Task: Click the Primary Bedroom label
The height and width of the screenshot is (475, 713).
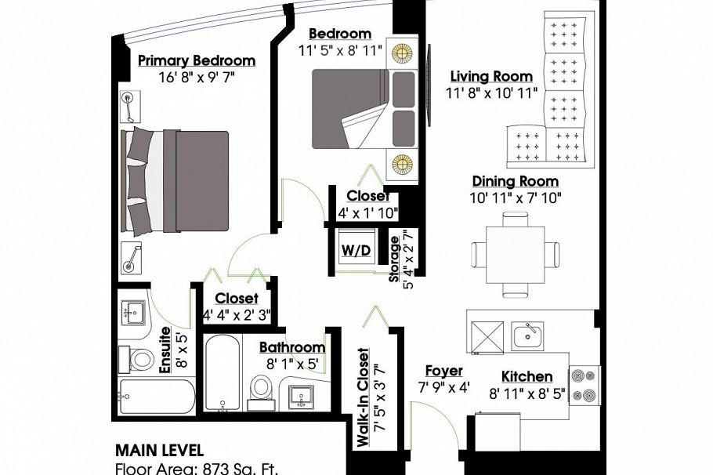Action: coord(197,60)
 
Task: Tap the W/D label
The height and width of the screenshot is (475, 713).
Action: coord(356,250)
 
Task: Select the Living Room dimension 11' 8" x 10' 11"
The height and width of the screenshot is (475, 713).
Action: coord(491,93)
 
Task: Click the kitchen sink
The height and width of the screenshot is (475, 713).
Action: coord(527,336)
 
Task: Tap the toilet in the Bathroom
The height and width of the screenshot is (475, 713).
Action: coord(261,392)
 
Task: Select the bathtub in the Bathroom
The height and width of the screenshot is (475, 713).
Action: coord(223,372)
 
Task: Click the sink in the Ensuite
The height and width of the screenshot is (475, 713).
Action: coord(134,312)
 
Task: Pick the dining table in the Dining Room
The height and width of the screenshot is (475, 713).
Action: coord(516,255)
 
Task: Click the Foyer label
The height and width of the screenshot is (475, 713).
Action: coord(443,371)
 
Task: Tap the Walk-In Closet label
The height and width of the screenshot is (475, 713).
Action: coord(363,397)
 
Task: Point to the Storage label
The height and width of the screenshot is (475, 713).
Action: coord(394,259)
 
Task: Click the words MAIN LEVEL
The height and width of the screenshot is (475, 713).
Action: coord(159,451)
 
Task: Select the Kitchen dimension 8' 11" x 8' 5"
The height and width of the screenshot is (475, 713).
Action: coord(527,393)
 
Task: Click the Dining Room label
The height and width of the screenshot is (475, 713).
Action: coord(516,181)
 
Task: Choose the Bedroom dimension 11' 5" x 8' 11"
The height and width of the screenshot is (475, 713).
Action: coord(340,50)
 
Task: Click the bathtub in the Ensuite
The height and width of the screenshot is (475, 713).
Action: coord(157,397)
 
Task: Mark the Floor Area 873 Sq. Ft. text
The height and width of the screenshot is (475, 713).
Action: coord(197,469)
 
